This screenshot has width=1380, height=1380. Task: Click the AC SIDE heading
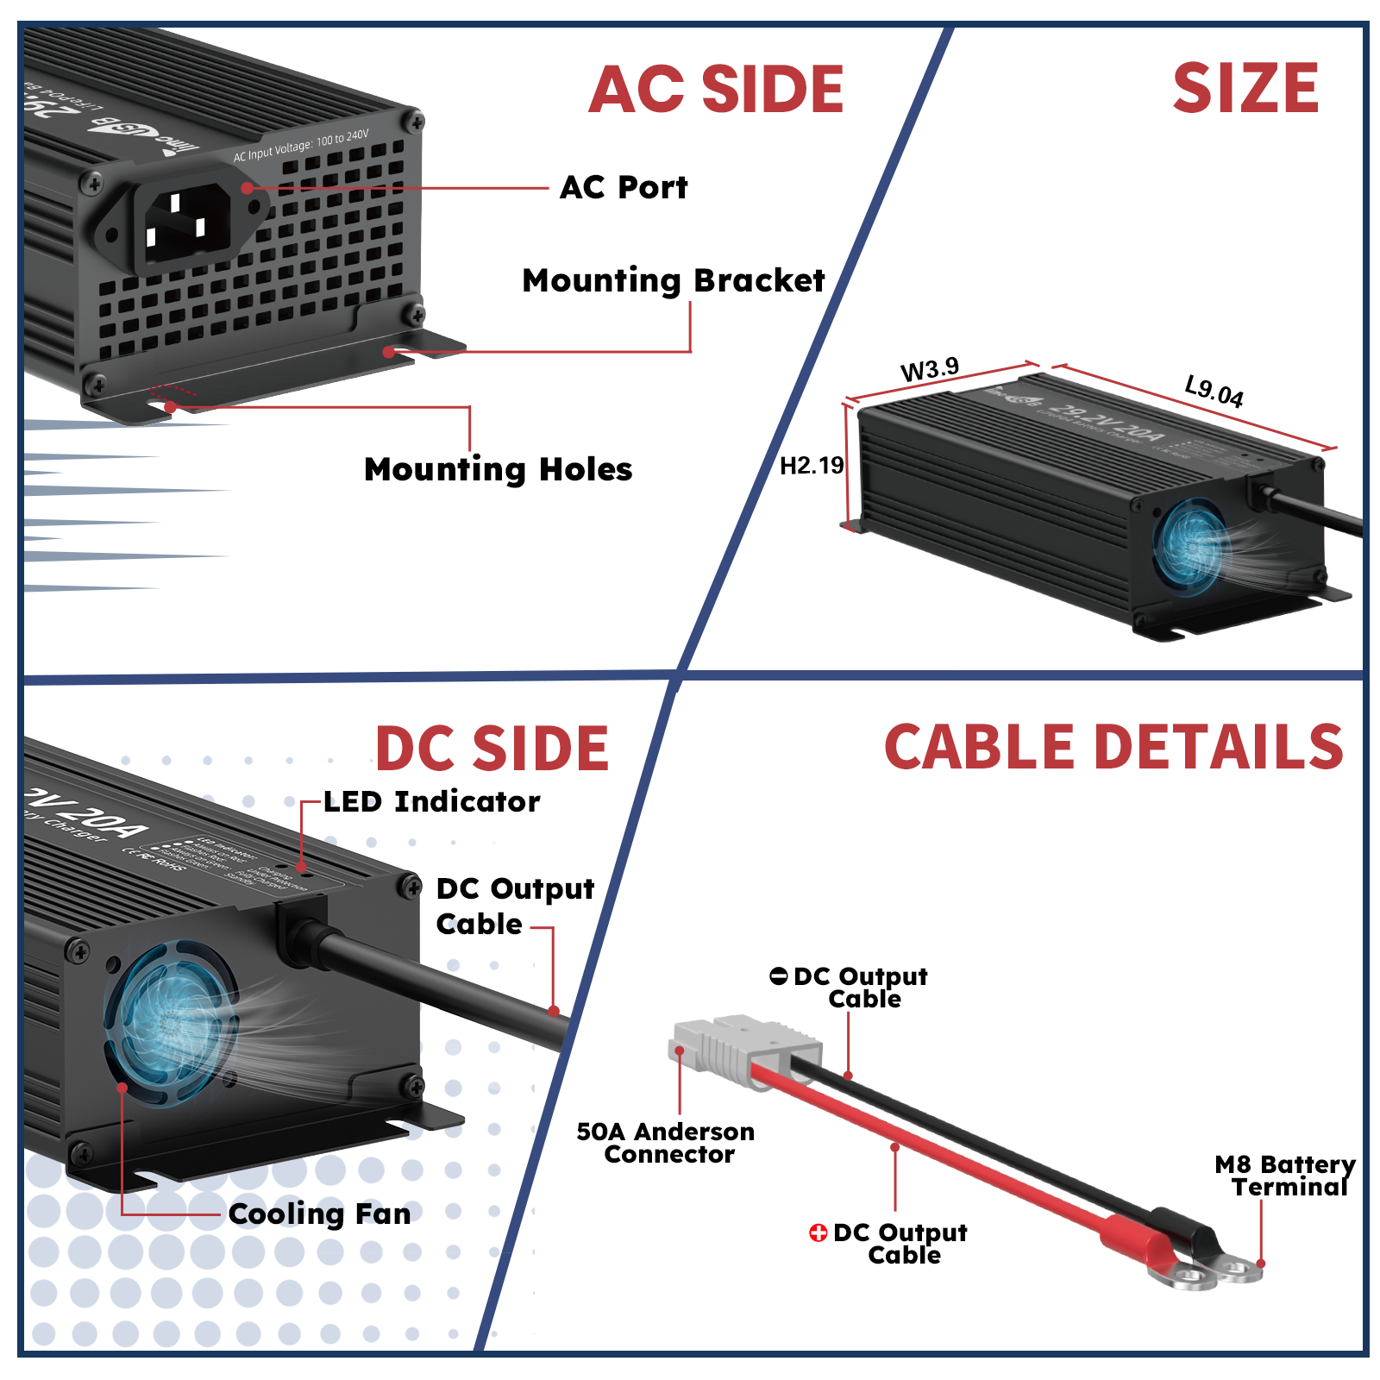pyautogui.click(x=716, y=90)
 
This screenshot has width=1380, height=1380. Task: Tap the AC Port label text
pyautogui.click(x=624, y=187)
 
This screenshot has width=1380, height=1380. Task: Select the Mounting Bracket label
pyautogui.click(x=673, y=280)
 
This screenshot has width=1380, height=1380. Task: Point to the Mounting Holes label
pyautogui.click(x=498, y=469)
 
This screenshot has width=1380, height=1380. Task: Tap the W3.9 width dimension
pyautogui.click(x=929, y=369)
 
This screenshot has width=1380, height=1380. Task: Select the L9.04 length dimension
pyautogui.click(x=1214, y=391)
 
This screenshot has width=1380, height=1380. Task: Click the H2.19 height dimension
pyautogui.click(x=811, y=466)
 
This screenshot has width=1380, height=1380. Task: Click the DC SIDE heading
pyautogui.click(x=492, y=748)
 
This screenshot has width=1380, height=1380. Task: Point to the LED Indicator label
pyautogui.click(x=431, y=801)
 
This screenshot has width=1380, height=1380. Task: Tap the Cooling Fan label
pyautogui.click(x=319, y=1214)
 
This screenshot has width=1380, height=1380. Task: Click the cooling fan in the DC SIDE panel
pyautogui.click(x=171, y=1022)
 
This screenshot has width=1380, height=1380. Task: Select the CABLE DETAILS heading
pyautogui.click(x=1113, y=746)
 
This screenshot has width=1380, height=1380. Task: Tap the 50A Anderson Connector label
pyautogui.click(x=665, y=1142)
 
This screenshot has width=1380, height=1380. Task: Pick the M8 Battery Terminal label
pyautogui.click(x=1284, y=1176)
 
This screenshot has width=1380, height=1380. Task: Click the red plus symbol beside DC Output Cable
pyautogui.click(x=818, y=1233)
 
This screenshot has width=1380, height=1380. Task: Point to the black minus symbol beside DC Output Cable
pyautogui.click(x=778, y=976)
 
